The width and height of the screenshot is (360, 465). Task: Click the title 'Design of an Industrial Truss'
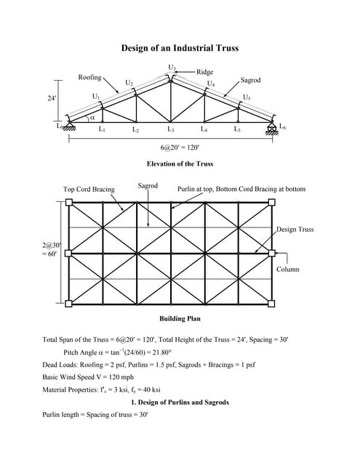[x=180, y=48]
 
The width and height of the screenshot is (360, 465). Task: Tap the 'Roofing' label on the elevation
[x=90, y=77]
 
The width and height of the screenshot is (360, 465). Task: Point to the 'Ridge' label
[x=204, y=72]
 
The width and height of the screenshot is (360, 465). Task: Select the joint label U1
[x=96, y=96]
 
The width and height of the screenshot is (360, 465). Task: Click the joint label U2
[x=129, y=83]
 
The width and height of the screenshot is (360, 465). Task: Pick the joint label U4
[x=210, y=84]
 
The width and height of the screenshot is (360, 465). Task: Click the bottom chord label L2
[x=136, y=130]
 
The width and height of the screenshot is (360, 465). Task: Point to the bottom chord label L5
[x=237, y=129]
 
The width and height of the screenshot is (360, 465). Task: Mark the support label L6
[x=282, y=126]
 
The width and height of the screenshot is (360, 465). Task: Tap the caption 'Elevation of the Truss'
[x=180, y=164]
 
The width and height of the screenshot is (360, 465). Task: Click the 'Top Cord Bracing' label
[x=89, y=190]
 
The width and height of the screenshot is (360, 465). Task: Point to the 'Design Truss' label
[x=295, y=230]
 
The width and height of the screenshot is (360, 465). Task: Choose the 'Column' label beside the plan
[x=288, y=270]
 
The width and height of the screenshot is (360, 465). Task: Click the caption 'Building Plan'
[x=180, y=318]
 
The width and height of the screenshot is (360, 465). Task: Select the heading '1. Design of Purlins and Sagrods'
[x=180, y=402]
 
